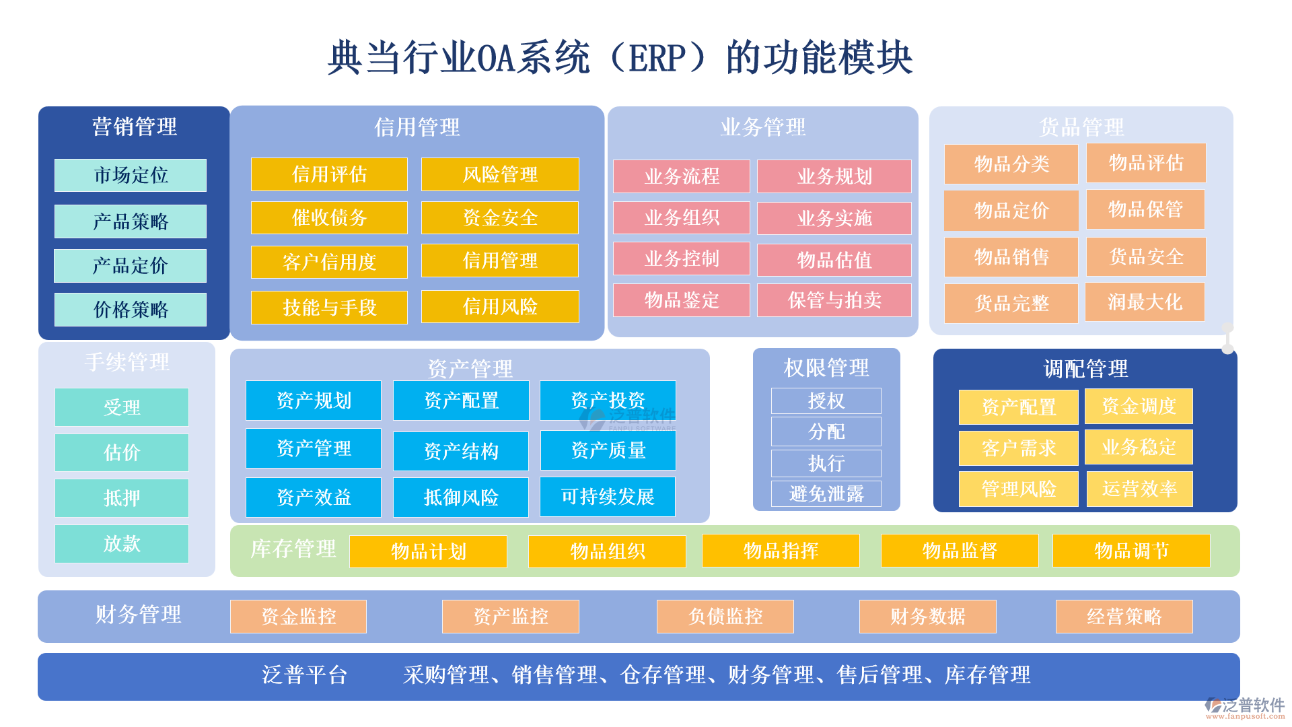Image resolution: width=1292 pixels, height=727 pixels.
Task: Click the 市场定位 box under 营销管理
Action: coord(131,175)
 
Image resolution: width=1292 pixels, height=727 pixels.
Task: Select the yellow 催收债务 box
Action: coord(329,217)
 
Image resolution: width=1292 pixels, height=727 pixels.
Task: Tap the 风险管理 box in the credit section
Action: coord(500,174)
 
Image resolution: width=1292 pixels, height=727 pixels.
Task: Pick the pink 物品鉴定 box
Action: coord(682,300)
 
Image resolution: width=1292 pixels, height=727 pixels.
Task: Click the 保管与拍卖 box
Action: coord(834,300)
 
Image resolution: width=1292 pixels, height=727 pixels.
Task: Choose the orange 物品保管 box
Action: coord(1145,209)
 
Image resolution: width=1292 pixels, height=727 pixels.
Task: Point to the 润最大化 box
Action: coord(1145,302)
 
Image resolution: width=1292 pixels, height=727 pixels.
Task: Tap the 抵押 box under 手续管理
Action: coord(122,498)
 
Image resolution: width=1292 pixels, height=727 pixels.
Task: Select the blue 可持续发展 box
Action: coord(608,497)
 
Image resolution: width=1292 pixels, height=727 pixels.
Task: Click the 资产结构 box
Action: coord(461,451)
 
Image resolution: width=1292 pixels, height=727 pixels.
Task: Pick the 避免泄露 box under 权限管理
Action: coord(826,494)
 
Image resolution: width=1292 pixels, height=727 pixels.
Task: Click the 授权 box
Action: coord(826,401)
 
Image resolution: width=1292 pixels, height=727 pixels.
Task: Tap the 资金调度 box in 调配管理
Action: coord(1139,406)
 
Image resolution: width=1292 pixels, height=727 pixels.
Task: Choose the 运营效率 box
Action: coord(1139,489)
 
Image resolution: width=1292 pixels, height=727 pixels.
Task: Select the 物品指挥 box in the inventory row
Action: coord(781,551)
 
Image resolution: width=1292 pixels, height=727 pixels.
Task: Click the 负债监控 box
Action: coord(725,616)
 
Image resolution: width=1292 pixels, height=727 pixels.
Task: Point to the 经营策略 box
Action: coord(1124,616)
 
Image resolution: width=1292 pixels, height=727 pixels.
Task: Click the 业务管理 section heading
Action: coord(762,127)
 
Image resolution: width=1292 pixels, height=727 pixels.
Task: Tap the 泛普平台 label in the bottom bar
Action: coord(304,675)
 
